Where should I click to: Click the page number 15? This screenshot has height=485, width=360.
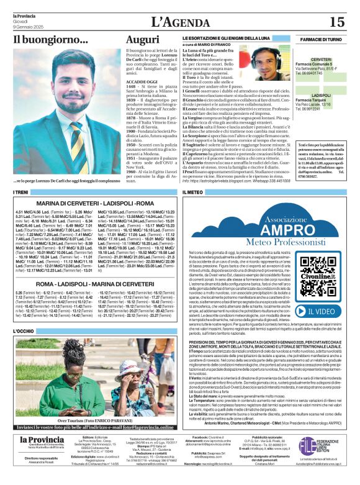pos(336,22)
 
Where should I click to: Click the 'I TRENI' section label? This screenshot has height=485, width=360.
pos(20,193)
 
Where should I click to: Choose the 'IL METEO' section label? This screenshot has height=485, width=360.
pos(193,193)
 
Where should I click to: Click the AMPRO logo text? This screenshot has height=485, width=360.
pos(271,229)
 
